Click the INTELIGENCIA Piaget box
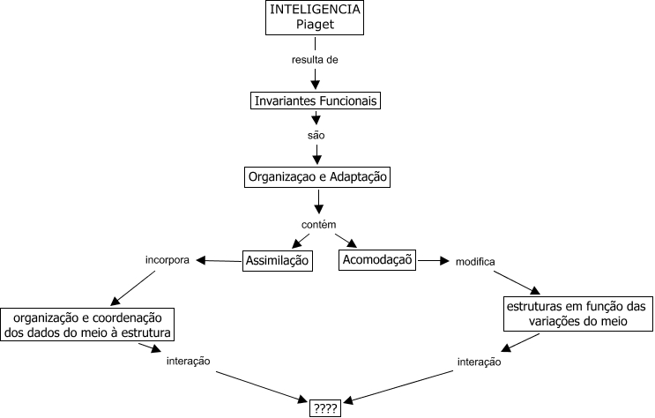click(x=316, y=18)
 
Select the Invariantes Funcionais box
click(x=316, y=101)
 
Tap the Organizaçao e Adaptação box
click(x=316, y=177)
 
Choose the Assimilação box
click(x=278, y=260)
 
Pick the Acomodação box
click(x=377, y=260)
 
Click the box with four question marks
click(x=324, y=408)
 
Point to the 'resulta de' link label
click(x=315, y=60)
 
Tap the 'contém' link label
click(x=318, y=224)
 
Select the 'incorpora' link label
click(x=167, y=261)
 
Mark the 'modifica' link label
click(x=474, y=262)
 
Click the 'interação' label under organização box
click(x=188, y=362)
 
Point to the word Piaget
click(x=316, y=26)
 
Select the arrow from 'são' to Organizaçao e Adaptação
click(x=316, y=155)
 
